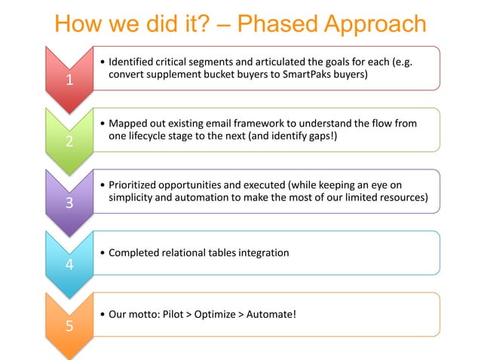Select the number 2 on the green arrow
pyautogui.click(x=69, y=143)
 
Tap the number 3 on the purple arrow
pyautogui.click(x=69, y=204)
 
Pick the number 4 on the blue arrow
pyautogui.click(x=69, y=265)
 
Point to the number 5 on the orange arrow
pyautogui.click(x=69, y=327)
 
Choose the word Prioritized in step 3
pyautogui.click(x=136, y=185)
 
